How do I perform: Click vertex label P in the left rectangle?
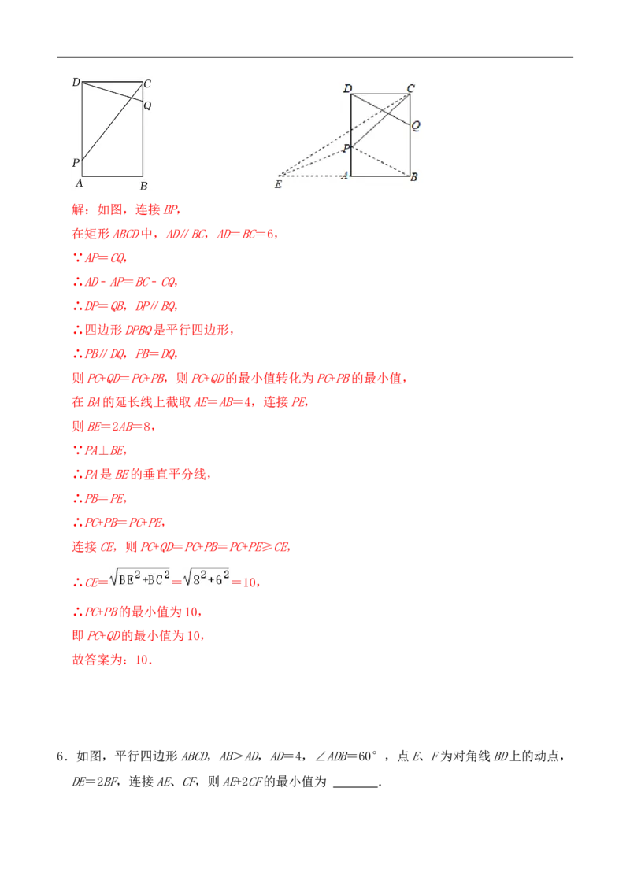tap(76, 162)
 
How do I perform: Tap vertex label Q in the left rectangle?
tap(147, 105)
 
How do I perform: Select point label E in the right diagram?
tap(278, 184)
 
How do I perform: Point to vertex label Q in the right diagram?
tap(416, 126)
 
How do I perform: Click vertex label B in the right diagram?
tap(414, 177)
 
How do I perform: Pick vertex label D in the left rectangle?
tap(76, 83)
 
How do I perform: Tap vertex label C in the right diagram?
tap(410, 88)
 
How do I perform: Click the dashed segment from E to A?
tap(312, 176)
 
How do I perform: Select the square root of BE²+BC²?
tap(139, 578)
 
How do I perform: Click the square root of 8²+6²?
tap(206, 578)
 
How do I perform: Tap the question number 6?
tap(60, 756)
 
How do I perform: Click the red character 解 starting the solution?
tap(79, 209)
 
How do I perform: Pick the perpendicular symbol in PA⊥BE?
tap(104, 450)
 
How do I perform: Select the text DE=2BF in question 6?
tap(95, 782)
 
